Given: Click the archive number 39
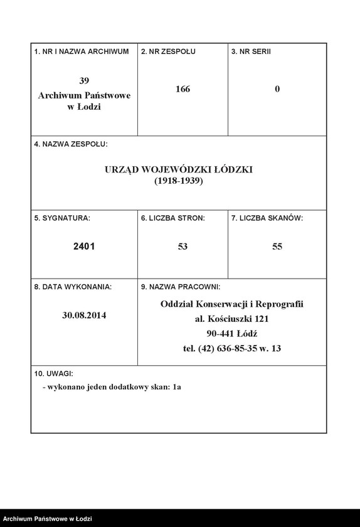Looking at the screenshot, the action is [84, 80].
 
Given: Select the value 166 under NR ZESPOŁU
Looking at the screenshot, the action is [183, 89].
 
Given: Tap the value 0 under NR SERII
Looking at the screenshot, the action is [277, 89].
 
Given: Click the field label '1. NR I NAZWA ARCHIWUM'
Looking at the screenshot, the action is [82, 51].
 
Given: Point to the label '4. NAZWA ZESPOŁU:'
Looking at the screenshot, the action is [71, 144].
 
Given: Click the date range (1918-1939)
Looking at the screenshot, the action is [179, 181].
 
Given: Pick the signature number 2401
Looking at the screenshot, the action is [84, 247].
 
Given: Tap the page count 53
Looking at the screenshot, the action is [183, 247].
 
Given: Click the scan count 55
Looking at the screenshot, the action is [277, 247].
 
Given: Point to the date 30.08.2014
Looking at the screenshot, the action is [84, 316].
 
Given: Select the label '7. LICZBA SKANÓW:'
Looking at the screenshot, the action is [267, 218].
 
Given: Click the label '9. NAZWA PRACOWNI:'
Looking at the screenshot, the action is [181, 287].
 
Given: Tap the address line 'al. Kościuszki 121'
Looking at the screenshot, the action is [232, 319].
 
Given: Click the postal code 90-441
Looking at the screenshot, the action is [220, 334].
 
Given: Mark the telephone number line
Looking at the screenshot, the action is [232, 349].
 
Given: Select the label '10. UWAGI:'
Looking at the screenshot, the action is [55, 373].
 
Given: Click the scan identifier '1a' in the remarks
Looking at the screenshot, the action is [177, 387].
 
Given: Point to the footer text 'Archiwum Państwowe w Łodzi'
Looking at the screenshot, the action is [48, 519].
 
